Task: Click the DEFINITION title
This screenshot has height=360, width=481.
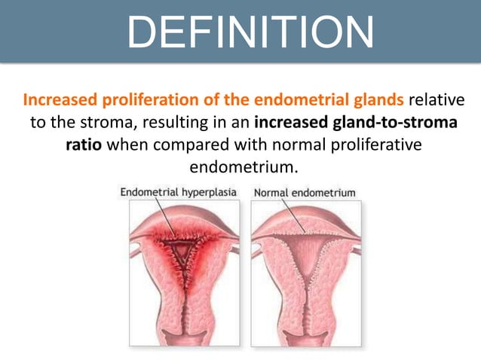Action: coord(249,32)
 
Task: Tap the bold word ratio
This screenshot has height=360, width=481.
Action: coord(84,144)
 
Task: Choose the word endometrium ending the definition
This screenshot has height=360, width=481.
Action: coord(240,166)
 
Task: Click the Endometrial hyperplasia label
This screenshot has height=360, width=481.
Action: coord(179,193)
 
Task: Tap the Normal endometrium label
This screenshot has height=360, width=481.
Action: coord(305,193)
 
